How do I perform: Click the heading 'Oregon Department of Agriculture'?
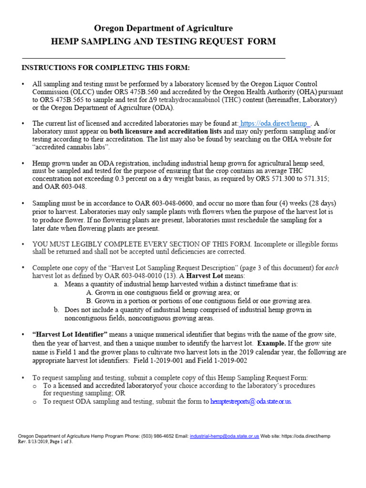pyautogui.click(x=163, y=29)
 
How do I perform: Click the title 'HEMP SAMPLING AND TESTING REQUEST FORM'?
pyautogui.click(x=163, y=41)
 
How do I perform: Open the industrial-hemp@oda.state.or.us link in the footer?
pyautogui.click(x=224, y=436)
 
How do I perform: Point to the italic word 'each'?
pyautogui.click(x=332, y=268)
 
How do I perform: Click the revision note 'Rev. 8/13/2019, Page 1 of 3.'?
pyautogui.click(x=45, y=442)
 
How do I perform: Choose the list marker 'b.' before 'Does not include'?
pyautogui.click(x=57, y=309)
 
